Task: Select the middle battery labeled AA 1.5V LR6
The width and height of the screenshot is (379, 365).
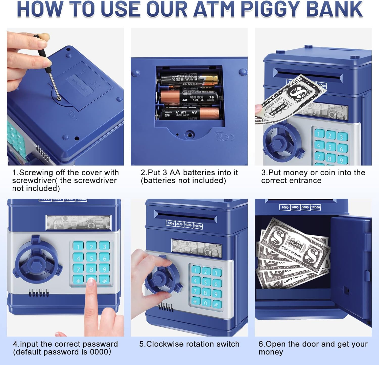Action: click(190, 97)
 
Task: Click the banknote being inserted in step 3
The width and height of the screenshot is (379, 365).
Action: click(288, 100)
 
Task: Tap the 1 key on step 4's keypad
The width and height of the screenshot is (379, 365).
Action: click(78, 246)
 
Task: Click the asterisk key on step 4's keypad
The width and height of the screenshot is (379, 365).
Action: click(78, 280)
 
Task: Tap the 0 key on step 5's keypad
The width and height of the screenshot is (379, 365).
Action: click(206, 303)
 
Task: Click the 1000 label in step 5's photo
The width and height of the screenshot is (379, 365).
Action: click(171, 223)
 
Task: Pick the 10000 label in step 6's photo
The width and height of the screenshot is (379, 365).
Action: click(316, 207)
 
